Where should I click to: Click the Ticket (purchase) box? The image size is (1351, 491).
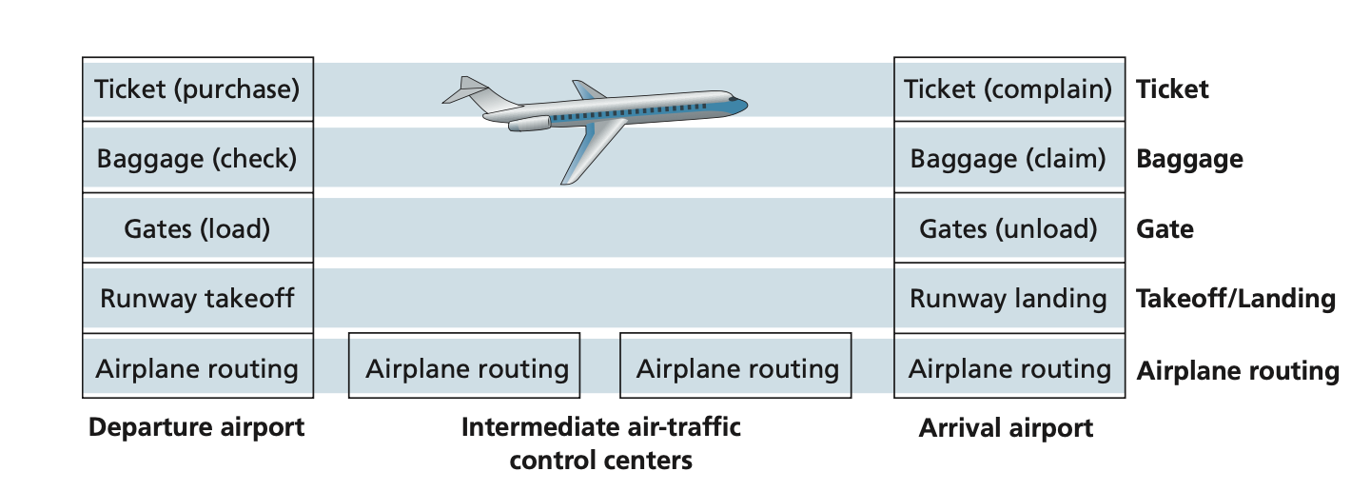pyautogui.click(x=197, y=89)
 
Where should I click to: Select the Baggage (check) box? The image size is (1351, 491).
pyautogui.click(x=197, y=158)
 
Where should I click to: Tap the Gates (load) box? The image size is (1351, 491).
pyautogui.click(x=197, y=228)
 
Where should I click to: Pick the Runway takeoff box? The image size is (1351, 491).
pyautogui.click(x=197, y=299)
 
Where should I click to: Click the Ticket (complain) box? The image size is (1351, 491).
pyautogui.click(x=1008, y=89)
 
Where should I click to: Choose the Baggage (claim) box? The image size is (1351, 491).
pyautogui.click(x=1008, y=158)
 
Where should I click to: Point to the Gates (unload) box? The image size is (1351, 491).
pyautogui.click(x=1008, y=228)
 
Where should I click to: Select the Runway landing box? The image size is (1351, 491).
pyautogui.click(x=1008, y=299)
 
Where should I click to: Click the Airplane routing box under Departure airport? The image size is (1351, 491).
pyautogui.click(x=197, y=368)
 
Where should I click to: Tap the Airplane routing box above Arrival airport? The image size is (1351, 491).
pyautogui.click(x=1008, y=368)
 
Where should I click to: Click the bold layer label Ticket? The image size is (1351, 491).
pyautogui.click(x=1172, y=89)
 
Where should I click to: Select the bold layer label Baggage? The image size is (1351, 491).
pyautogui.click(x=1189, y=158)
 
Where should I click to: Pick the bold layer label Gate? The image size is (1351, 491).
pyautogui.click(x=1165, y=228)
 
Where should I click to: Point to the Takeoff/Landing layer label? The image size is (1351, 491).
pyautogui.click(x=1236, y=299)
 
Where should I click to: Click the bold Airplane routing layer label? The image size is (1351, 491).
pyautogui.click(x=1238, y=369)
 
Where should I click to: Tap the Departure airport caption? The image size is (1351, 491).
pyautogui.click(x=197, y=427)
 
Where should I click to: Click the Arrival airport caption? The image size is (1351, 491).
pyautogui.click(x=1006, y=427)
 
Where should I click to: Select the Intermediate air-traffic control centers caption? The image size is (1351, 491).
pyautogui.click(x=600, y=443)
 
